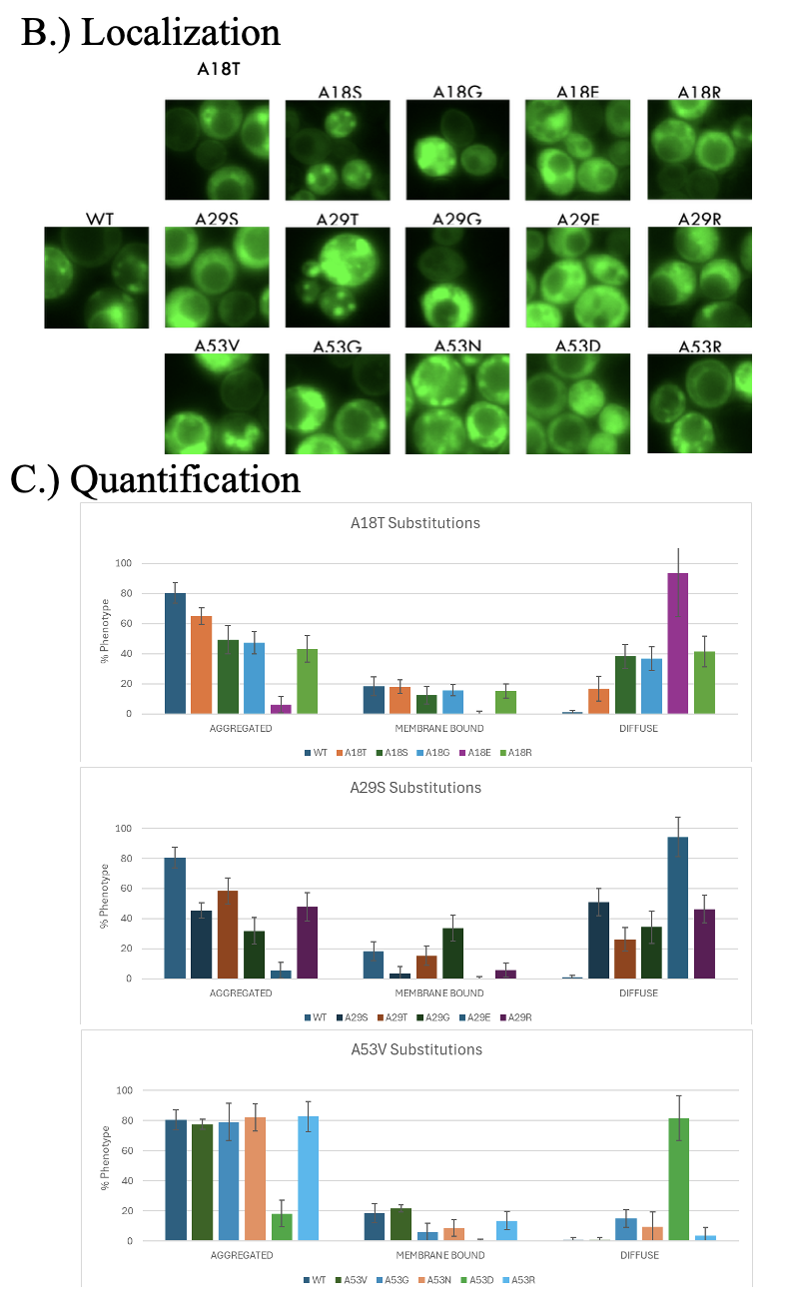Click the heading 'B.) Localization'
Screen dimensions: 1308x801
pyautogui.click(x=151, y=32)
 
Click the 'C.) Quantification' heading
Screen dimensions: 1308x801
pyautogui.click(x=155, y=479)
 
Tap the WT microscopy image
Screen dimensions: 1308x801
pyautogui.click(x=97, y=277)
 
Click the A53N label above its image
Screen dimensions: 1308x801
pyautogui.click(x=457, y=345)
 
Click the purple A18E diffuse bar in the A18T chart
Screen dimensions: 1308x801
pyautogui.click(x=678, y=644)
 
